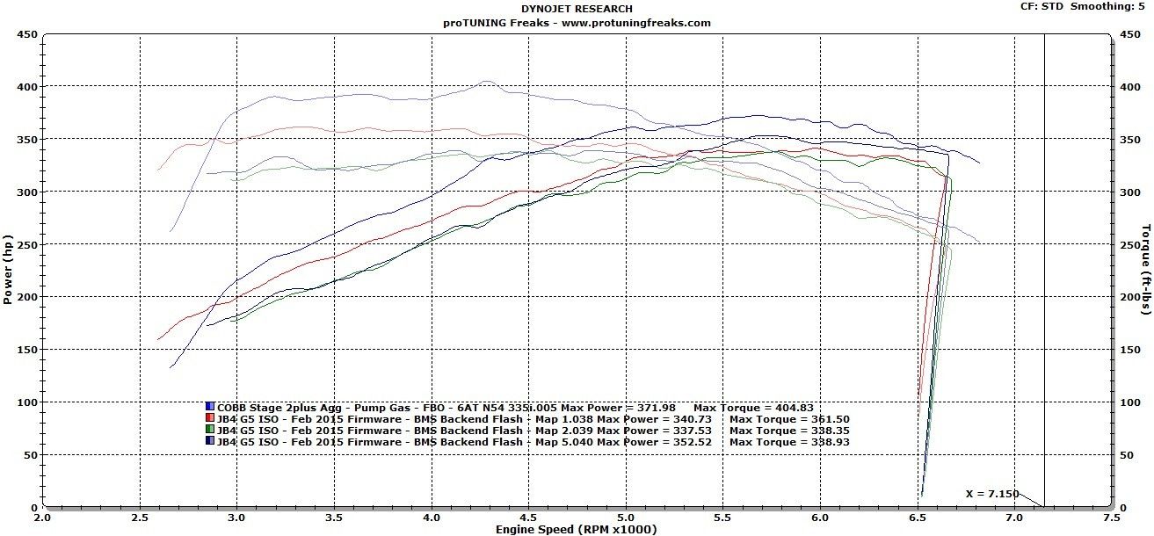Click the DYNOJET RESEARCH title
point(576,9)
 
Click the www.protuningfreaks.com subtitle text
point(623,23)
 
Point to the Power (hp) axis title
point(8,270)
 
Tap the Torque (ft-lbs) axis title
point(1146,270)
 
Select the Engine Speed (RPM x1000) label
point(576,529)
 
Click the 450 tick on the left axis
point(26,34)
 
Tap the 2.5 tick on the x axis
point(140,518)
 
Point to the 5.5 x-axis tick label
point(722,518)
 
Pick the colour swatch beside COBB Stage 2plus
point(210,407)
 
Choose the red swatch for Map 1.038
point(210,419)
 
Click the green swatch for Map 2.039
point(210,431)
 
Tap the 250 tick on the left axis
point(26,244)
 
